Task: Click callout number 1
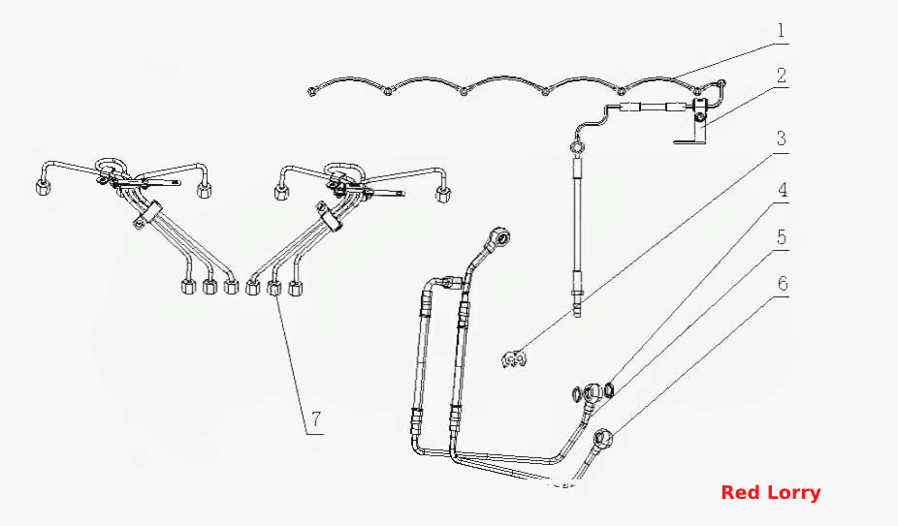pyautogui.click(x=782, y=31)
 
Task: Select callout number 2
pyautogui.click(x=782, y=76)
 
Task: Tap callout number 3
pyautogui.click(x=782, y=139)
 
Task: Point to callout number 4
pyautogui.click(x=783, y=190)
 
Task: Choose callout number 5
pyautogui.click(x=782, y=237)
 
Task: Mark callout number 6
pyautogui.click(x=783, y=284)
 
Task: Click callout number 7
pyautogui.click(x=316, y=419)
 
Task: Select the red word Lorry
pyautogui.click(x=794, y=493)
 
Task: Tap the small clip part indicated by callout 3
pyautogui.click(x=514, y=358)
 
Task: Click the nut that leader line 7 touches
pyautogui.click(x=274, y=287)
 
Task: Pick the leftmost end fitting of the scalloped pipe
pyautogui.click(x=311, y=91)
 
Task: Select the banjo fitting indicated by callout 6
pyautogui.click(x=602, y=439)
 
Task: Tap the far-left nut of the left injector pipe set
pyautogui.click(x=44, y=188)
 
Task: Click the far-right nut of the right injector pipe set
pyautogui.click(x=443, y=194)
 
